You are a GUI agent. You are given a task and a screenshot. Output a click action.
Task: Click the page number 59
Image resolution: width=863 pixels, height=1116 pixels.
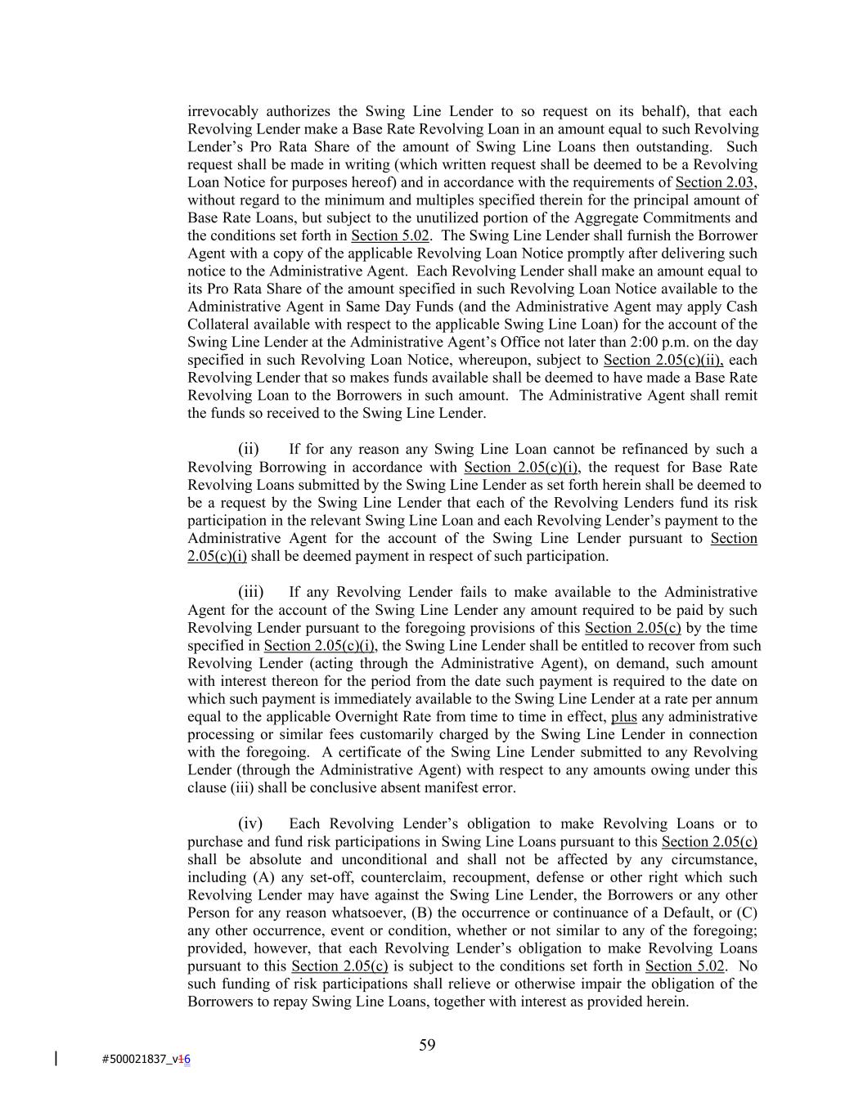427,1045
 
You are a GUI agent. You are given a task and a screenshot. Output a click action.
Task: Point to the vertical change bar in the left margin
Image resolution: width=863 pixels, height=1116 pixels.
56,1059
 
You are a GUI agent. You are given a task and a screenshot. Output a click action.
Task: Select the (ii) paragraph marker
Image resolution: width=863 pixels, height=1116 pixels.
249,449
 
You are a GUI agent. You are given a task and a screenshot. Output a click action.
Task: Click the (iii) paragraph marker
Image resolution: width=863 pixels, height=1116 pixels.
250,592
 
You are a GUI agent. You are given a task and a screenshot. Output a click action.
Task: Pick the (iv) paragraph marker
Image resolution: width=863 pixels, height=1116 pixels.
250,823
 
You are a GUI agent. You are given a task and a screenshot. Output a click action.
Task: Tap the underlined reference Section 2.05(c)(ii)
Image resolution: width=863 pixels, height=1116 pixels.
663,360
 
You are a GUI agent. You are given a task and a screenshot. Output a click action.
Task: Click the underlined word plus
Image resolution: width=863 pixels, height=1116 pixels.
624,717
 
